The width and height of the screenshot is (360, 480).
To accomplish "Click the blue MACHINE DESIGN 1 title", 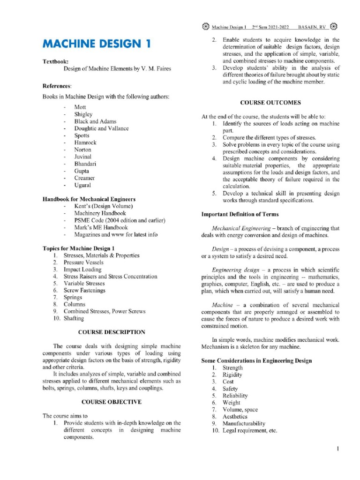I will [97, 45].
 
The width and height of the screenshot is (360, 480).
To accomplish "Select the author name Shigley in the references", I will [83, 114].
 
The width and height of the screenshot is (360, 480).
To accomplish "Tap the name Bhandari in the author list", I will [85, 164].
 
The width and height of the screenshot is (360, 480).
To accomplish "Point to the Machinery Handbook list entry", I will [100, 213].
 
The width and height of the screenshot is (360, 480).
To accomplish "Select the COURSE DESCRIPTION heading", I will [112, 332].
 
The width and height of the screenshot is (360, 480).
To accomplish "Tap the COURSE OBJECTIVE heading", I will [112, 402].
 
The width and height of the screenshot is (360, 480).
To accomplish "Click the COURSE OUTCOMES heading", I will [270, 102].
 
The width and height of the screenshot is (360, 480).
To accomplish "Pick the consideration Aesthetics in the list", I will [235, 416].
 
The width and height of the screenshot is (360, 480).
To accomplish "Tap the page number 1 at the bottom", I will [337, 450].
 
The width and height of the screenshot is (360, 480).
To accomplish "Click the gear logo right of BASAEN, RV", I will [333, 26].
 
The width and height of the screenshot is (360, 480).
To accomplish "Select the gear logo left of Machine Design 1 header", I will [205, 26].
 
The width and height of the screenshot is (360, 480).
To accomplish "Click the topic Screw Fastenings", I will [84, 290].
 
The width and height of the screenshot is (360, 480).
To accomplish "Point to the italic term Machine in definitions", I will [222, 305].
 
